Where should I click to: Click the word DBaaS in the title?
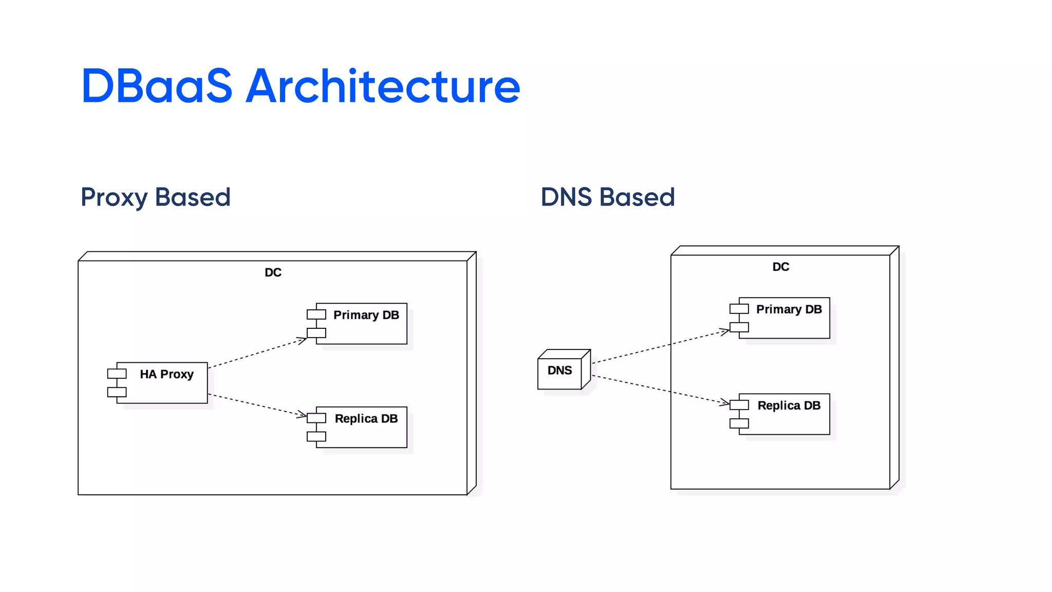[x=157, y=86]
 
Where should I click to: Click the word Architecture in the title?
[x=383, y=86]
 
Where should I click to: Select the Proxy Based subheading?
[x=156, y=197]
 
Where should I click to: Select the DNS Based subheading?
[x=608, y=197]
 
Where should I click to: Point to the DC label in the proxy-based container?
[x=273, y=272]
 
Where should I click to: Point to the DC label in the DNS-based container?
[x=781, y=267]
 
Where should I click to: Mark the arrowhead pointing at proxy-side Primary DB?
[x=303, y=340]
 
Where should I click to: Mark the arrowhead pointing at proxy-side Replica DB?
[x=302, y=414]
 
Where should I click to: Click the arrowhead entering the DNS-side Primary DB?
[x=725, y=331]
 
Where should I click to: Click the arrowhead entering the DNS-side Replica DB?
[x=724, y=402]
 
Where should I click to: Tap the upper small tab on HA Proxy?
[x=117, y=374]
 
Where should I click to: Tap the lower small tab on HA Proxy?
[x=117, y=392]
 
